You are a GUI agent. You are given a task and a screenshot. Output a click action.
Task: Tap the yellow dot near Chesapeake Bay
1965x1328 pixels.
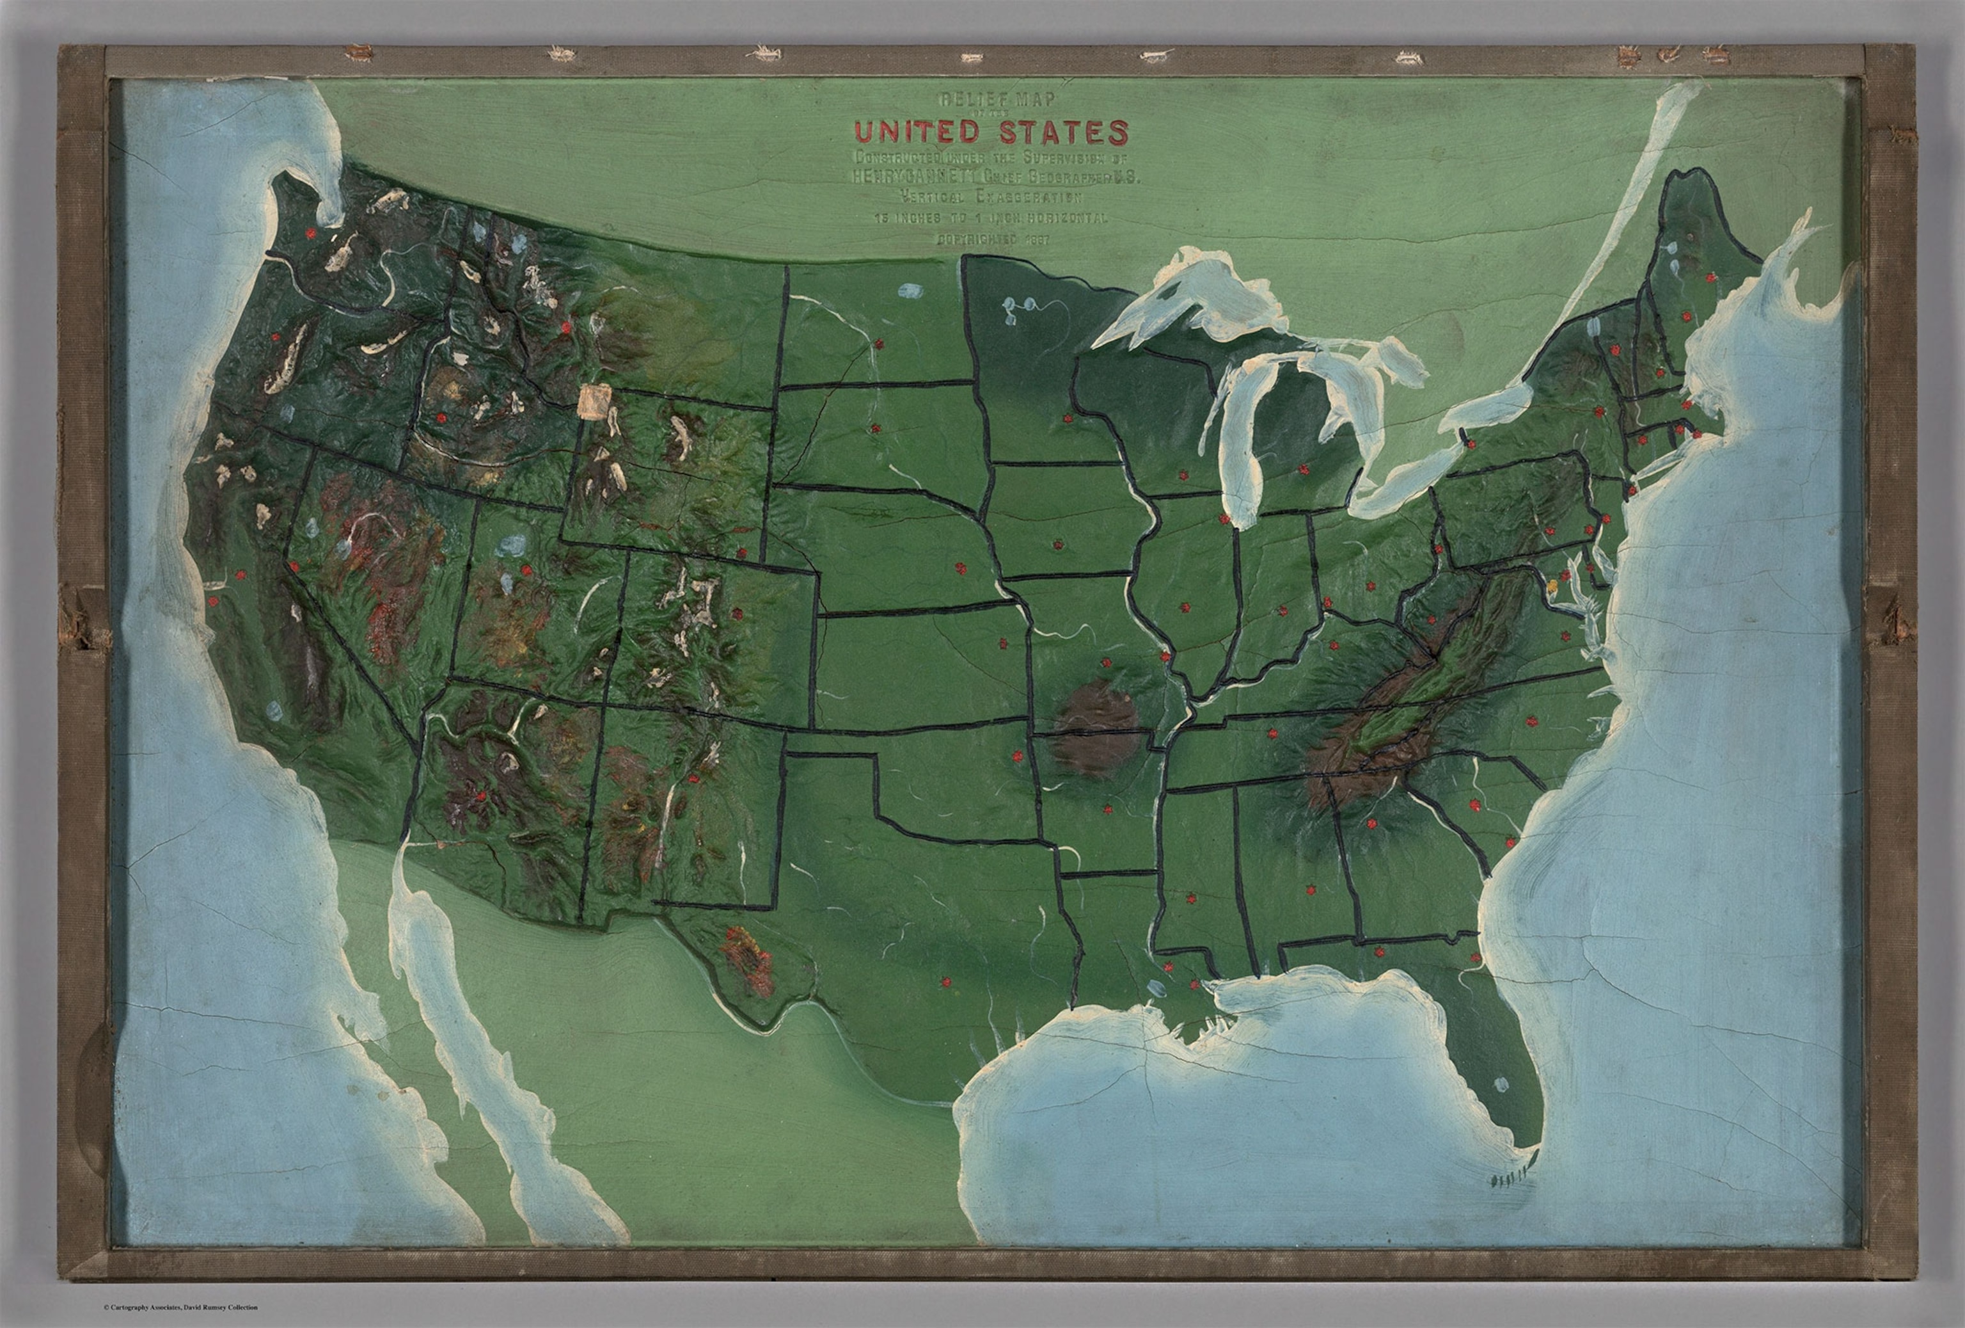click(x=1552, y=583)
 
